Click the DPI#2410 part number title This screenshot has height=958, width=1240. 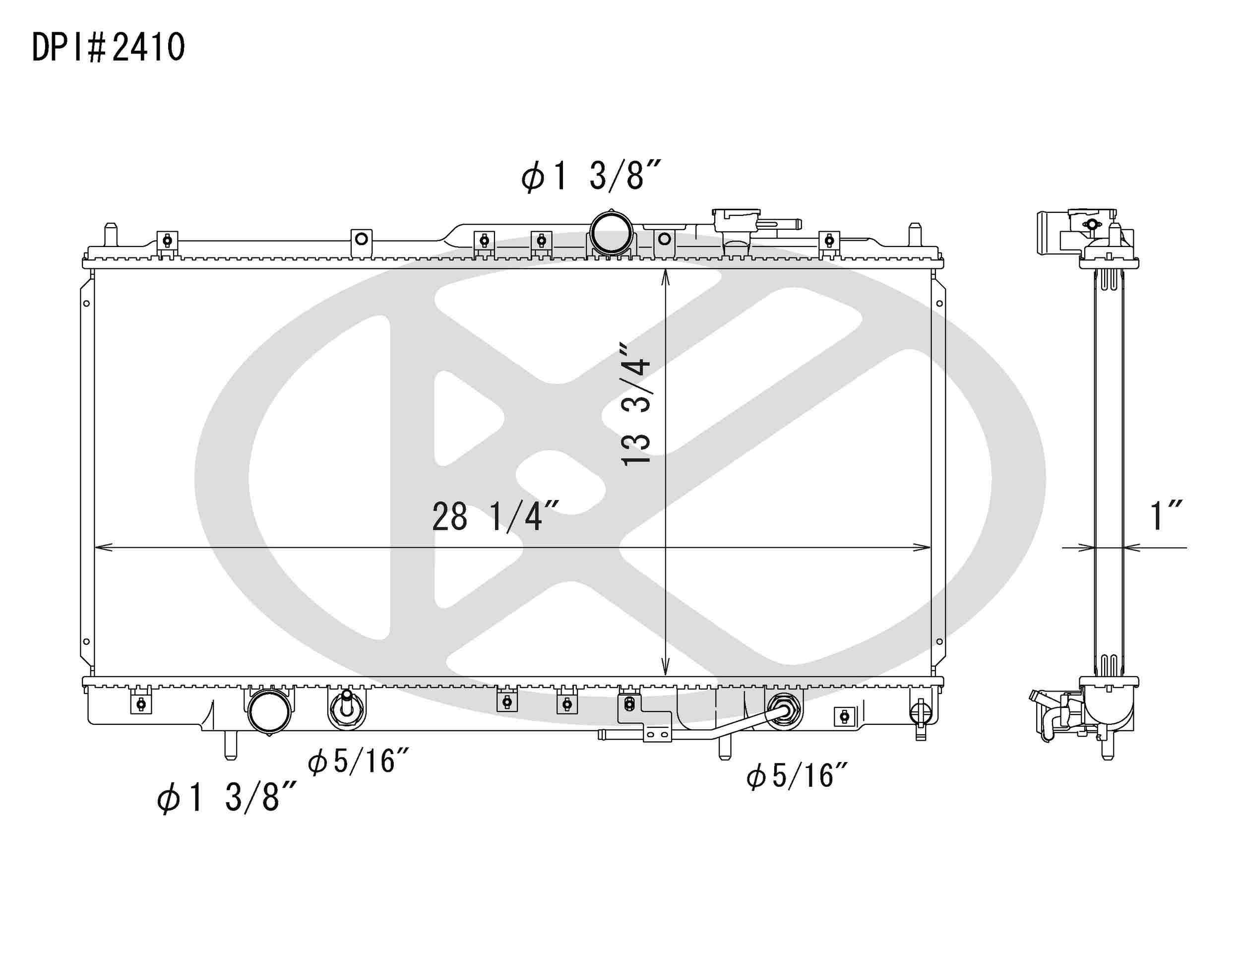pos(108,47)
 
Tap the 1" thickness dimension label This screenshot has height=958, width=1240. pos(1165,516)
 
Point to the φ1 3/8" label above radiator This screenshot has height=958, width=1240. pos(590,176)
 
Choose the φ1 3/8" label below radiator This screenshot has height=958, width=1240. pos(226,797)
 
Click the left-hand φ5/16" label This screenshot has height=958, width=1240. pos(358,762)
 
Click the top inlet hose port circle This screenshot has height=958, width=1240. pos(611,233)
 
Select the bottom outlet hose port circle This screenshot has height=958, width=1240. pos(269,711)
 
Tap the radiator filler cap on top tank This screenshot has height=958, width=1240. pos(737,220)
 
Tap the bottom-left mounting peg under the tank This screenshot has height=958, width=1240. pos(230,745)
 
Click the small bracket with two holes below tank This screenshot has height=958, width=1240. pos(657,735)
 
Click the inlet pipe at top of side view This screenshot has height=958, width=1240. pos(1049,233)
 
